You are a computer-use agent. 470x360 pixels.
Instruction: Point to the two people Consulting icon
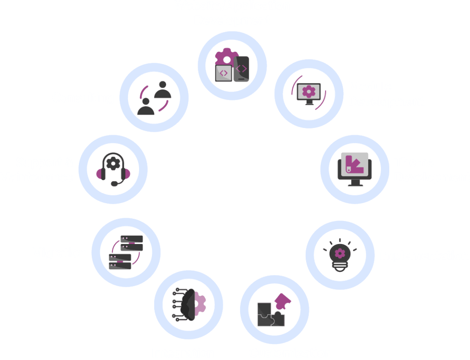tap(155, 98)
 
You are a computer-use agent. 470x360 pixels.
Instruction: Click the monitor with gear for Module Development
tap(309, 93)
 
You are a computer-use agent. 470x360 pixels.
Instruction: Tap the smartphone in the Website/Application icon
tap(241, 69)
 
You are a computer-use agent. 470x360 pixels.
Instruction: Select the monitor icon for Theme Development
tap(354, 168)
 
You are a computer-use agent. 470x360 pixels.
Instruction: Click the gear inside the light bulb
tap(340, 253)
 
